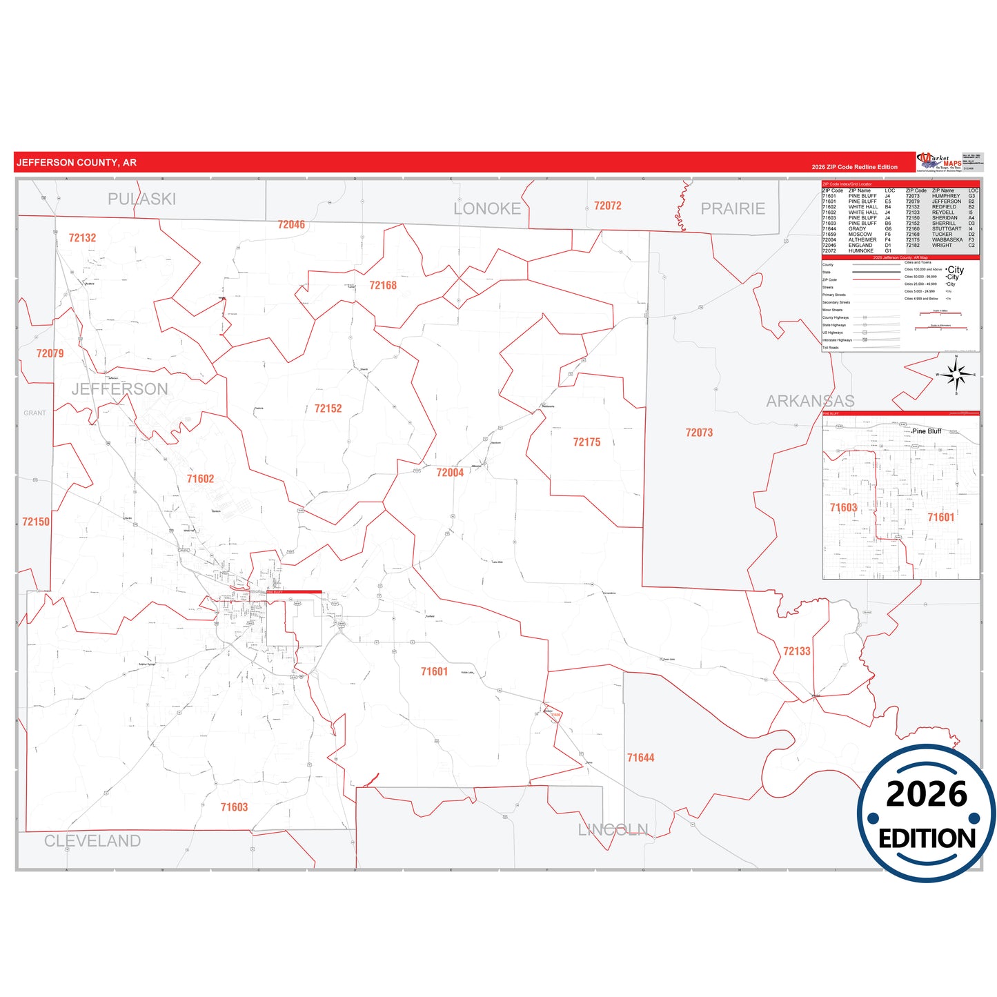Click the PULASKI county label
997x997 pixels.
(x=141, y=199)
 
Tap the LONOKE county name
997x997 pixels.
(x=487, y=208)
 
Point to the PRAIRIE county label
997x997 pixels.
(x=733, y=208)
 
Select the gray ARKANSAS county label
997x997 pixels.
(x=810, y=401)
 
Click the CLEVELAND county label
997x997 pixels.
(x=92, y=840)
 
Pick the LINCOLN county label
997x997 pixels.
(x=613, y=829)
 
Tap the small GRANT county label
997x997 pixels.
(x=34, y=413)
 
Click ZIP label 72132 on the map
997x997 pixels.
(x=82, y=238)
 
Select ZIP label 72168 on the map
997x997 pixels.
(x=383, y=286)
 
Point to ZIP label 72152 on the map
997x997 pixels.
(x=328, y=408)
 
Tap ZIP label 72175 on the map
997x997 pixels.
(x=586, y=442)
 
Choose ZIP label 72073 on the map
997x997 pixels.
(x=699, y=433)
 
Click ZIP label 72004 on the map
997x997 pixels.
(x=450, y=473)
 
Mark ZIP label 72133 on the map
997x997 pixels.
(x=796, y=651)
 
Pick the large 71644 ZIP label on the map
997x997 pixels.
(x=640, y=758)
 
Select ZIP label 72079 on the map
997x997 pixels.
(x=50, y=353)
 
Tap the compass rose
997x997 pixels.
(x=956, y=375)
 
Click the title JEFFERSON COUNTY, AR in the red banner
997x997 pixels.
(x=77, y=163)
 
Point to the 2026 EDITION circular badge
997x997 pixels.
(x=926, y=813)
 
